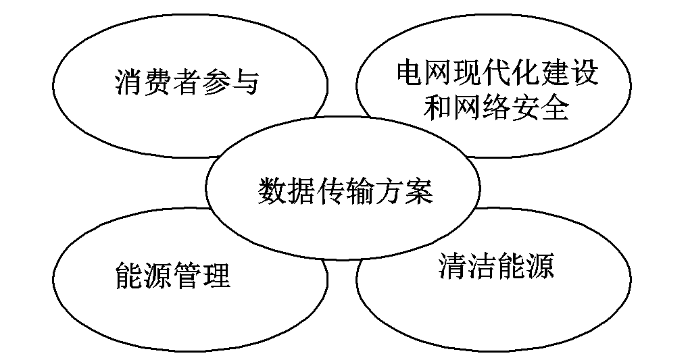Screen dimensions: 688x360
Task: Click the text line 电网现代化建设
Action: pos(497,74)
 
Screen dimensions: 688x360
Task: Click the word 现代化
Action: pos(497,74)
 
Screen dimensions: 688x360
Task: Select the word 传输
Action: pos(345,191)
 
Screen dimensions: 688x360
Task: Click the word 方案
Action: pos(402,191)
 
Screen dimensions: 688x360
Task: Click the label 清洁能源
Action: pos(496,266)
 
